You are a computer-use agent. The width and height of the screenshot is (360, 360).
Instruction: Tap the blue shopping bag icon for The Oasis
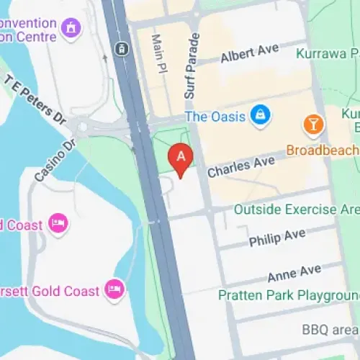coord(261,114)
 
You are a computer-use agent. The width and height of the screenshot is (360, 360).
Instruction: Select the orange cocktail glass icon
coord(313,125)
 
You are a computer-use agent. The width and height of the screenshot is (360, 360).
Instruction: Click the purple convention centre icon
coord(71,28)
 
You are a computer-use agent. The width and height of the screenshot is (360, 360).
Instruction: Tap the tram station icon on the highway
coord(121,49)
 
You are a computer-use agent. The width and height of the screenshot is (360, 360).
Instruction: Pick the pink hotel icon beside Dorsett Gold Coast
coord(114,289)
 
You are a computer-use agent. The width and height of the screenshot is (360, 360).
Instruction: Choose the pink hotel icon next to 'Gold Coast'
coord(58,223)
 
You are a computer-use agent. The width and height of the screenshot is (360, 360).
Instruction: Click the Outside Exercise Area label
coord(296,210)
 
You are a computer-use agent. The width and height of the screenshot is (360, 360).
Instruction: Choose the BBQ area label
coord(330,329)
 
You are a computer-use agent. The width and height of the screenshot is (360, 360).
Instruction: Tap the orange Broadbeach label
coord(323,150)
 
